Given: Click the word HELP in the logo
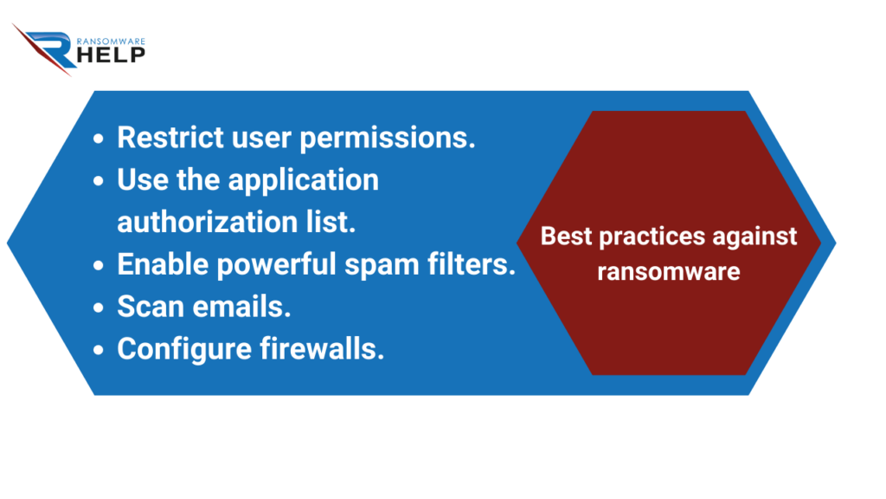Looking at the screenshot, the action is pos(111,55).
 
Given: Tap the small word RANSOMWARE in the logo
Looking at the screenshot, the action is pos(111,42).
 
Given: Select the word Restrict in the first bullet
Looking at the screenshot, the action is pos(170,138).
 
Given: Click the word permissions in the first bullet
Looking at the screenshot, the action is pos(387,139).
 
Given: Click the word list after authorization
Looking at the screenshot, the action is pos(331,221).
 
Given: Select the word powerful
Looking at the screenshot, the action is pos(277,265).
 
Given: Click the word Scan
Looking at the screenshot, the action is pos(151,307).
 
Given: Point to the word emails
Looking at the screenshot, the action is pos(242,307).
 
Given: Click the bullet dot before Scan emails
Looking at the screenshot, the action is pos(99,308).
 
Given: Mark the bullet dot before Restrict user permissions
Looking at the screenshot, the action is pos(99,139).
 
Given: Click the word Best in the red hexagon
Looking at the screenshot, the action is pos(566,237).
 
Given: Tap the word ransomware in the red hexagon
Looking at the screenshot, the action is pos(669,272).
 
